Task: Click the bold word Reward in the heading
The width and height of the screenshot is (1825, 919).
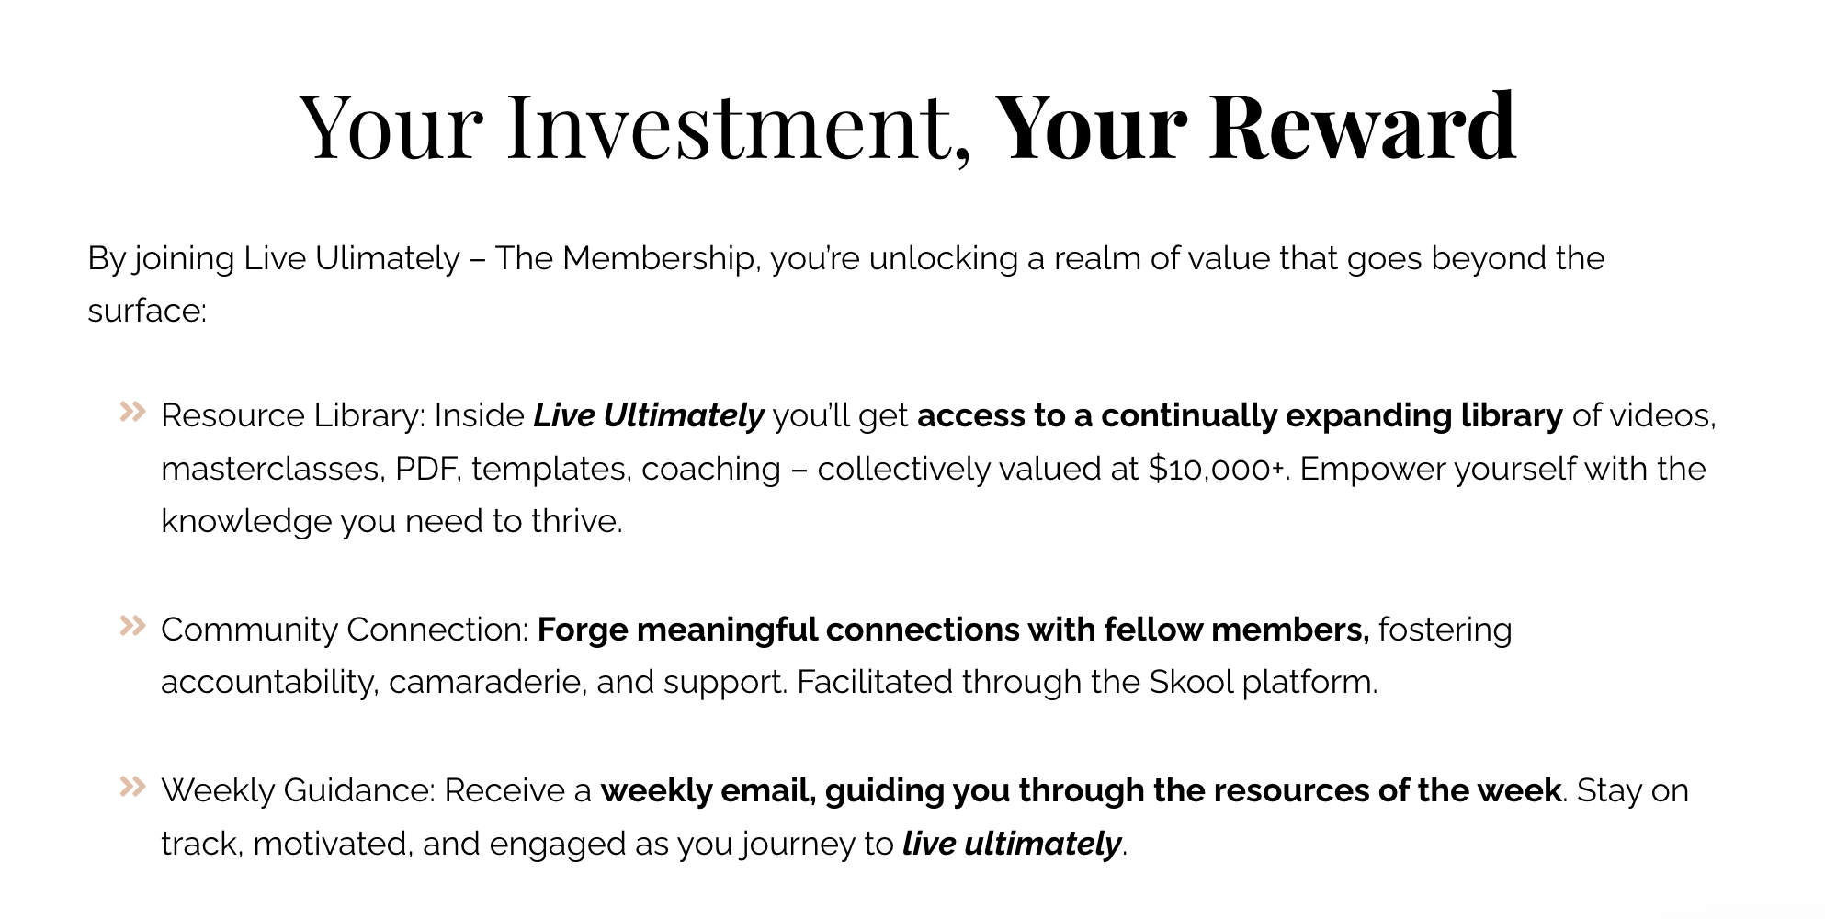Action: click(x=1361, y=126)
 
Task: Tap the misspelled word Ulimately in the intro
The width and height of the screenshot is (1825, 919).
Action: click(x=387, y=259)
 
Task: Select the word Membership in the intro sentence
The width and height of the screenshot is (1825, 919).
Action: click(x=658, y=259)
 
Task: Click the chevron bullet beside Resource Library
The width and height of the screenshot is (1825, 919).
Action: click(x=133, y=412)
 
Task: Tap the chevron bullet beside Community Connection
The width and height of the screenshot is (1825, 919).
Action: click(x=133, y=626)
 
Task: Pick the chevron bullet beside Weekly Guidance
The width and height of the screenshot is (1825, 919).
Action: click(x=133, y=787)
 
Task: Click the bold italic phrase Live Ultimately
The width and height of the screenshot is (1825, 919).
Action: click(x=649, y=416)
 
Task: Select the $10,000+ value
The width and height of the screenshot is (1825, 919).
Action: click(x=1216, y=470)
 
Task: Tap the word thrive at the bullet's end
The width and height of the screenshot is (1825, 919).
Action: click(x=576, y=522)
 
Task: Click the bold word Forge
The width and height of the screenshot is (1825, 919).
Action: click(x=582, y=630)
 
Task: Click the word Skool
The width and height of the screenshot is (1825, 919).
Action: click(x=1191, y=683)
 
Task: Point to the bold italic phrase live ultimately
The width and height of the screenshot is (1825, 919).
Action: click(x=1012, y=844)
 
